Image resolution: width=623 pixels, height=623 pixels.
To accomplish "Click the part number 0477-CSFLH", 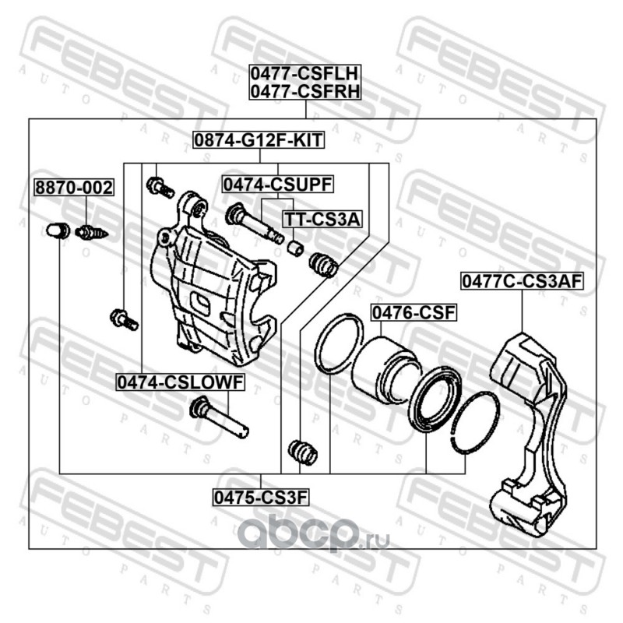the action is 303,75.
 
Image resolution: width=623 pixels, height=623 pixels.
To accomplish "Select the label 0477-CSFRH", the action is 303,92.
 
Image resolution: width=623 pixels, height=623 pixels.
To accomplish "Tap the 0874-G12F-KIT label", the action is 259,141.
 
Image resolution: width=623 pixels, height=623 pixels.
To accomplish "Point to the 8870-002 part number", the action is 73,188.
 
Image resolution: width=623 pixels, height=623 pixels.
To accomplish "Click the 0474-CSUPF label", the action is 277,185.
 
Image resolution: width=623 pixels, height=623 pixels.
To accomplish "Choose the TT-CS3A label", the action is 322,220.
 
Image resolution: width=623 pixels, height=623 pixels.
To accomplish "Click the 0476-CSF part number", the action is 412,313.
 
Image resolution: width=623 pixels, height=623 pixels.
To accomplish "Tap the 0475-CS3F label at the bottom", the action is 260,495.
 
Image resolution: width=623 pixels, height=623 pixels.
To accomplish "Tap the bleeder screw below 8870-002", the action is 91,231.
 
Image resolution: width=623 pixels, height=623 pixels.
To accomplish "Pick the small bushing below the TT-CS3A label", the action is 295,247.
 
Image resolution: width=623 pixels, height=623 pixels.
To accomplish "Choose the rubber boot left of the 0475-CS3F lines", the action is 301,451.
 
